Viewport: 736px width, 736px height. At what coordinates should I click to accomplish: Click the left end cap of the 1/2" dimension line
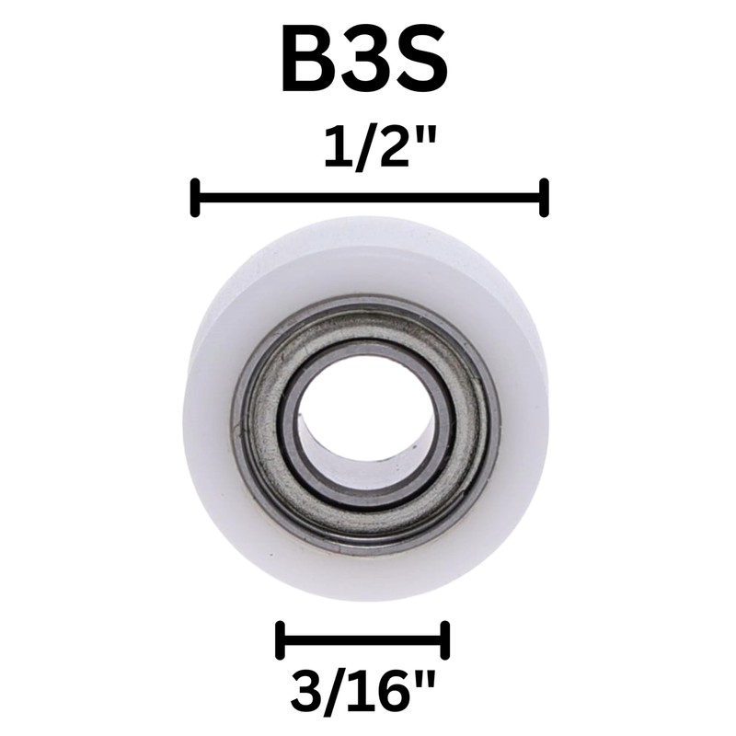[195, 198]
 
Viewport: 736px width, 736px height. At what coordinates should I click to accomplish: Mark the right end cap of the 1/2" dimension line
[545, 198]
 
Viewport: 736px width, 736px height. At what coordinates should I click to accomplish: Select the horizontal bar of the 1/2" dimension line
[368, 198]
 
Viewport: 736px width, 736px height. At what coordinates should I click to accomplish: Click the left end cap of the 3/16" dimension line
[280, 639]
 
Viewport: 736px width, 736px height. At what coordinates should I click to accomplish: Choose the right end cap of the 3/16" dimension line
[445, 639]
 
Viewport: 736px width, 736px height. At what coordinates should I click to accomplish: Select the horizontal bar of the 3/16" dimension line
[362, 639]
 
